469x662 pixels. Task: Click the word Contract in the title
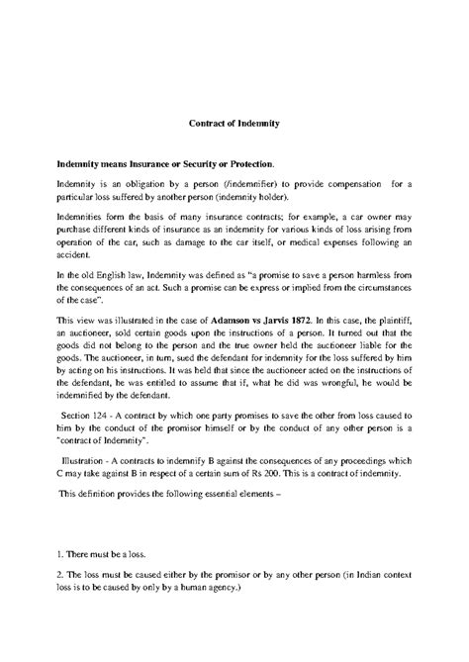coord(207,125)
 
